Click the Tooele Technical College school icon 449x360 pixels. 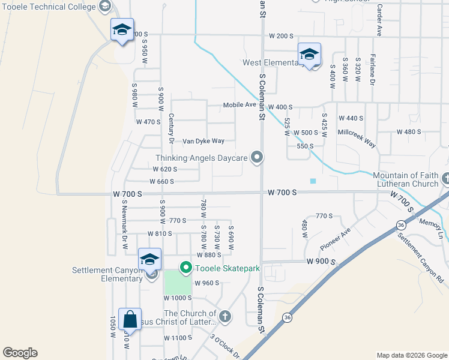click(x=122, y=30)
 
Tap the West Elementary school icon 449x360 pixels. click(x=309, y=55)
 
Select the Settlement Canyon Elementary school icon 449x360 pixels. click(x=149, y=260)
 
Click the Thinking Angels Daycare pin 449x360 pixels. click(x=258, y=157)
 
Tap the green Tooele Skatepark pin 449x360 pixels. click(x=186, y=268)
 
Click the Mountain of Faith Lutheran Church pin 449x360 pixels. click(x=445, y=179)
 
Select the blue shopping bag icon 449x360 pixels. click(x=130, y=320)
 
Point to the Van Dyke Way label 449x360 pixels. click(x=203, y=141)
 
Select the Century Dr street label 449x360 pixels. click(x=171, y=128)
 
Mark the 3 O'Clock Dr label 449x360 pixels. click(x=225, y=346)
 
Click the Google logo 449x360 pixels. click(x=20, y=353)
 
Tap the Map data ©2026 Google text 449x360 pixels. click(x=412, y=355)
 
